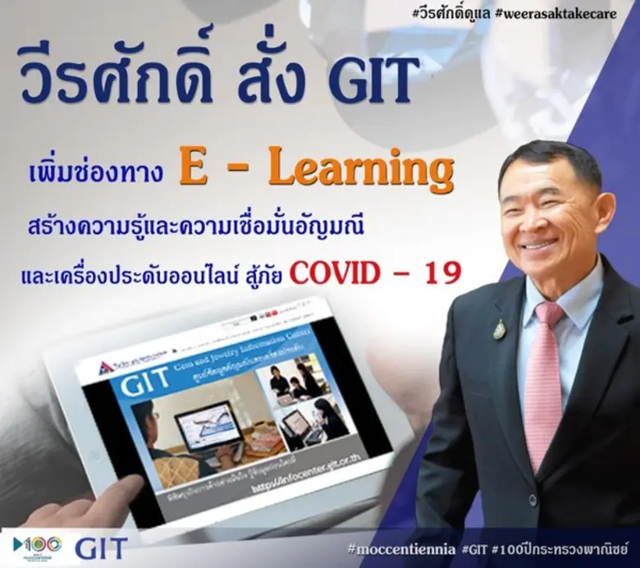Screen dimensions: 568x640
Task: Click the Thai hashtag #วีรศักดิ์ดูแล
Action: pyautogui.click(x=490, y=14)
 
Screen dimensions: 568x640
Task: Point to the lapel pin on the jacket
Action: pyautogui.click(x=499, y=329)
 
